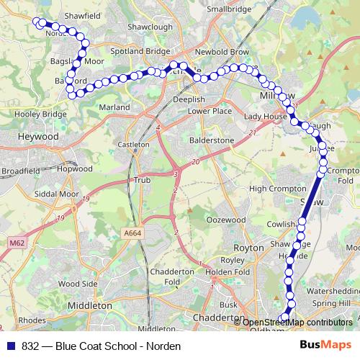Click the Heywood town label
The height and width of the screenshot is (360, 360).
click(x=39, y=136)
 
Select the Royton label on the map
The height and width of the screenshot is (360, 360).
click(x=249, y=247)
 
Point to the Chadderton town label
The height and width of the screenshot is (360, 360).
click(x=219, y=318)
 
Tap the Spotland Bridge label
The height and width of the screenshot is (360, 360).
click(x=140, y=52)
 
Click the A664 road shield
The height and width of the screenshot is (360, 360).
click(x=132, y=233)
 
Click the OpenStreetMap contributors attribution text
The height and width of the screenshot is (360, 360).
click(x=297, y=323)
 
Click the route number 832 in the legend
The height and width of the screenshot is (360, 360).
click(x=31, y=346)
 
